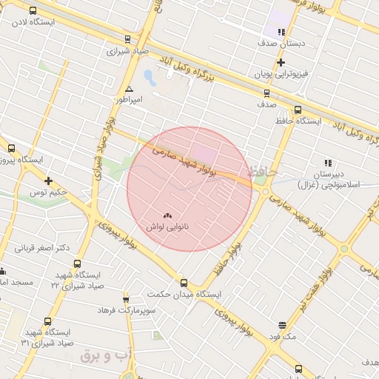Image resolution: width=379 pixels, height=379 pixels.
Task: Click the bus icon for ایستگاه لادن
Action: (33, 11)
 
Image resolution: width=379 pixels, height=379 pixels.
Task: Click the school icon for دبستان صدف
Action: (281, 32)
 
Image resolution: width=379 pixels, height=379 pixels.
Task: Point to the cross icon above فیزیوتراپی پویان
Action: (281, 63)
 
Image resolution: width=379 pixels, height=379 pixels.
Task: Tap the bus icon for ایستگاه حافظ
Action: (298, 110)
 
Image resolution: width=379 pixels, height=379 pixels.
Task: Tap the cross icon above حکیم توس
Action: (48, 181)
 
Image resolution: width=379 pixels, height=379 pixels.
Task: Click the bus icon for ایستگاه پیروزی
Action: (10, 148)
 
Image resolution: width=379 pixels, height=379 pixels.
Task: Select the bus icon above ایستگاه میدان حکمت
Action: (184, 283)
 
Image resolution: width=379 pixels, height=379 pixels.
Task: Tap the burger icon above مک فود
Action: (282, 325)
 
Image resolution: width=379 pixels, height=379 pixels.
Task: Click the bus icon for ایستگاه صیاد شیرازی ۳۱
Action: (48, 321)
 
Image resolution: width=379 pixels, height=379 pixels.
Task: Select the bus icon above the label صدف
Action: (266, 93)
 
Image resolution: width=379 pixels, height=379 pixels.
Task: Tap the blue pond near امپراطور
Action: (150, 77)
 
